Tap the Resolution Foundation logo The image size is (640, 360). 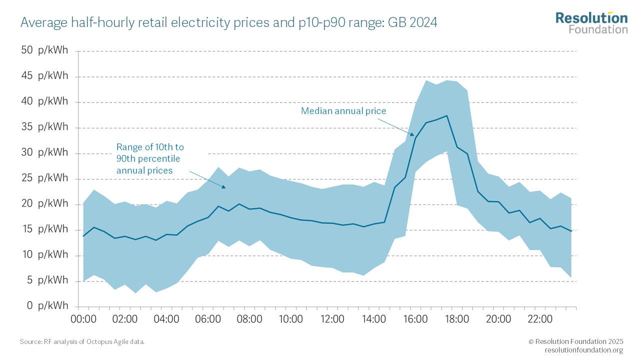pyautogui.click(x=591, y=23)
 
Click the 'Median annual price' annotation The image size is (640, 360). pyautogui.click(x=343, y=111)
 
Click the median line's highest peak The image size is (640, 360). pyautogui.click(x=446, y=115)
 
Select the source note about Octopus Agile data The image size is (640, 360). pyautogui.click(x=82, y=341)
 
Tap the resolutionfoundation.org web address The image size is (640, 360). pyautogui.click(x=583, y=350)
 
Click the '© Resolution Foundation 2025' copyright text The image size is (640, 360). pyautogui.click(x=575, y=341)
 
